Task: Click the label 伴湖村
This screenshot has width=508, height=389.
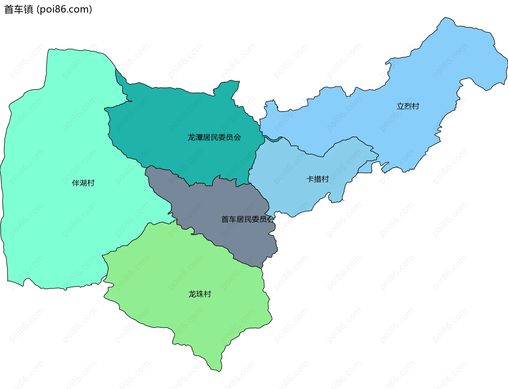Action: tap(83, 183)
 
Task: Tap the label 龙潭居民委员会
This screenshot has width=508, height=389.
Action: tap(214, 137)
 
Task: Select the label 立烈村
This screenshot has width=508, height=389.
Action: tap(408, 106)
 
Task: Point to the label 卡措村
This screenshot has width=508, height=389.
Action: tap(317, 179)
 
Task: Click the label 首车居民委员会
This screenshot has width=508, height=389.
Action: tap(248, 219)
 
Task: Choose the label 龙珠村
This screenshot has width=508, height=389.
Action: tap(199, 294)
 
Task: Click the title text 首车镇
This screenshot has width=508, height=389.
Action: tap(19, 10)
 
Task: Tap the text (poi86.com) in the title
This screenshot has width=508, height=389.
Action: tap(64, 10)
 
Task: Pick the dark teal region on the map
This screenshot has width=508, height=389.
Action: tap(172, 119)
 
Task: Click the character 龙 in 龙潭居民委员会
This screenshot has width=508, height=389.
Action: tap(191, 137)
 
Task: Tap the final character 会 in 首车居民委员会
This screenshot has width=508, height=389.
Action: tap(270, 219)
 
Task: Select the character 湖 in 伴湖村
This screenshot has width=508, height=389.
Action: tap(83, 183)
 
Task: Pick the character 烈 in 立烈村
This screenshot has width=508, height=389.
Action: tap(408, 106)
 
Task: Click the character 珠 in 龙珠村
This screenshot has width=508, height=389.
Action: tap(199, 294)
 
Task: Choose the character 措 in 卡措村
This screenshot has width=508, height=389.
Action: tap(317, 179)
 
